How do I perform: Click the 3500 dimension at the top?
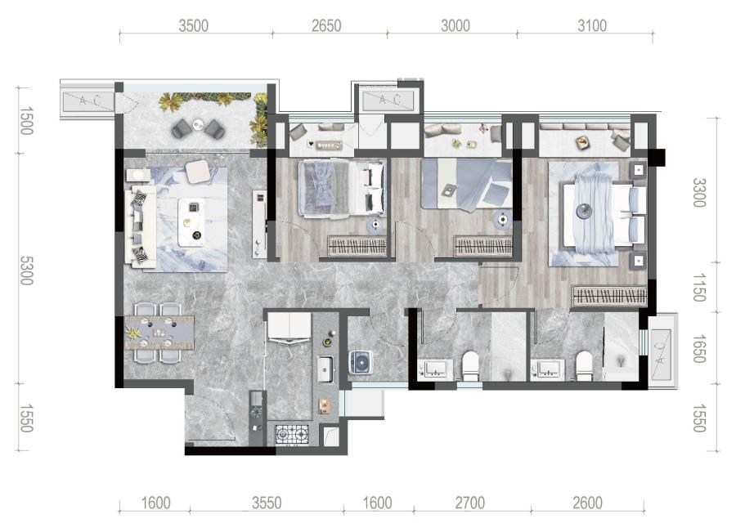pos(193,26)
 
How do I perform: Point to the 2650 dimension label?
pos(326,26)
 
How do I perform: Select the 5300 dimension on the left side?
pos(26,270)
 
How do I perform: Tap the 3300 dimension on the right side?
pos(699,192)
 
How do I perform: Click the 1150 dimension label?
pos(699,288)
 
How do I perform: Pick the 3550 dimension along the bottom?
pos(267,503)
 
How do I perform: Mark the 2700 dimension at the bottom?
pos(470,503)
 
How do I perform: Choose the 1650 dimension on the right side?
pos(699,349)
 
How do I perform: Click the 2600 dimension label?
pos(588,503)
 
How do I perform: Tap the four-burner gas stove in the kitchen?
pos(292,434)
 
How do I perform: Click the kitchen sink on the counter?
pos(325,369)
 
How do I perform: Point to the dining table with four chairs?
pos(159,332)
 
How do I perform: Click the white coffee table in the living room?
pos(192,222)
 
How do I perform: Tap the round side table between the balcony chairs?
pos(198,124)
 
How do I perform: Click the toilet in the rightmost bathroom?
pos(585,366)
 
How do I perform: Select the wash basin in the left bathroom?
pos(436,369)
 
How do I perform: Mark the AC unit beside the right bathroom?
pos(662,351)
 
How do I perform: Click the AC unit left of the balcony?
pos(87,101)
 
